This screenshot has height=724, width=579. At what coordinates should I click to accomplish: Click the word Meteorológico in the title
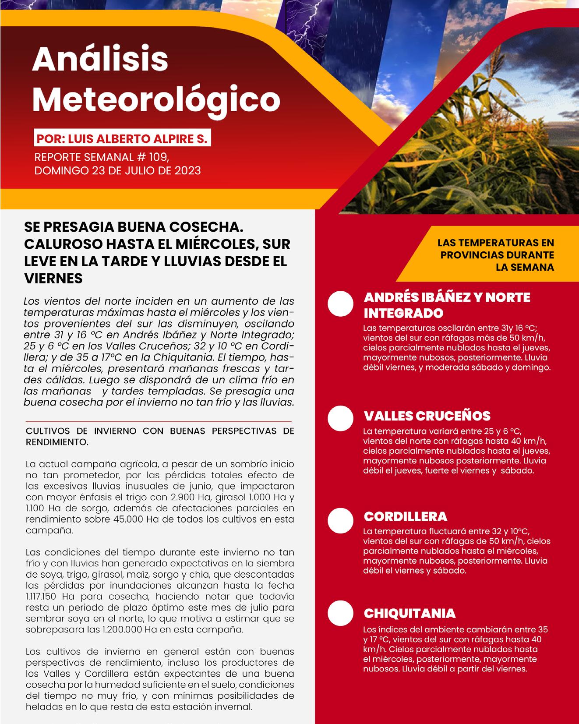click(x=156, y=99)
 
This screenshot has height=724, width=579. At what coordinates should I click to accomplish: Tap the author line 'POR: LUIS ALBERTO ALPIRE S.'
click(x=122, y=139)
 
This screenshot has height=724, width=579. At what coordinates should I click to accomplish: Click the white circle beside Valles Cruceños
click(x=341, y=418)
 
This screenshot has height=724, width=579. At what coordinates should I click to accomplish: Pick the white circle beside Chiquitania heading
click(x=341, y=613)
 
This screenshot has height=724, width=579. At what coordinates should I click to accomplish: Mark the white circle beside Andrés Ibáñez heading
click(x=341, y=304)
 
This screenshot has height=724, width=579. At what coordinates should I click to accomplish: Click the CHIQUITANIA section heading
click(x=410, y=613)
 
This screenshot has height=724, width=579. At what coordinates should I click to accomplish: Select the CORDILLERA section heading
click(x=405, y=516)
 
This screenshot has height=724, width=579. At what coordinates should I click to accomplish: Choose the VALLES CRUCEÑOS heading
click(x=427, y=416)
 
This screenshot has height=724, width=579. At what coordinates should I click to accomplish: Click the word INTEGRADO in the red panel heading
click(x=403, y=314)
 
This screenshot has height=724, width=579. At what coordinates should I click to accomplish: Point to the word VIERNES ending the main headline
click(x=53, y=278)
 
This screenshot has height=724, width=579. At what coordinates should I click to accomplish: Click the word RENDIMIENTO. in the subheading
click(x=57, y=442)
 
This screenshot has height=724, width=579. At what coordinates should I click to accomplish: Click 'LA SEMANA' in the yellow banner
click(x=525, y=267)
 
